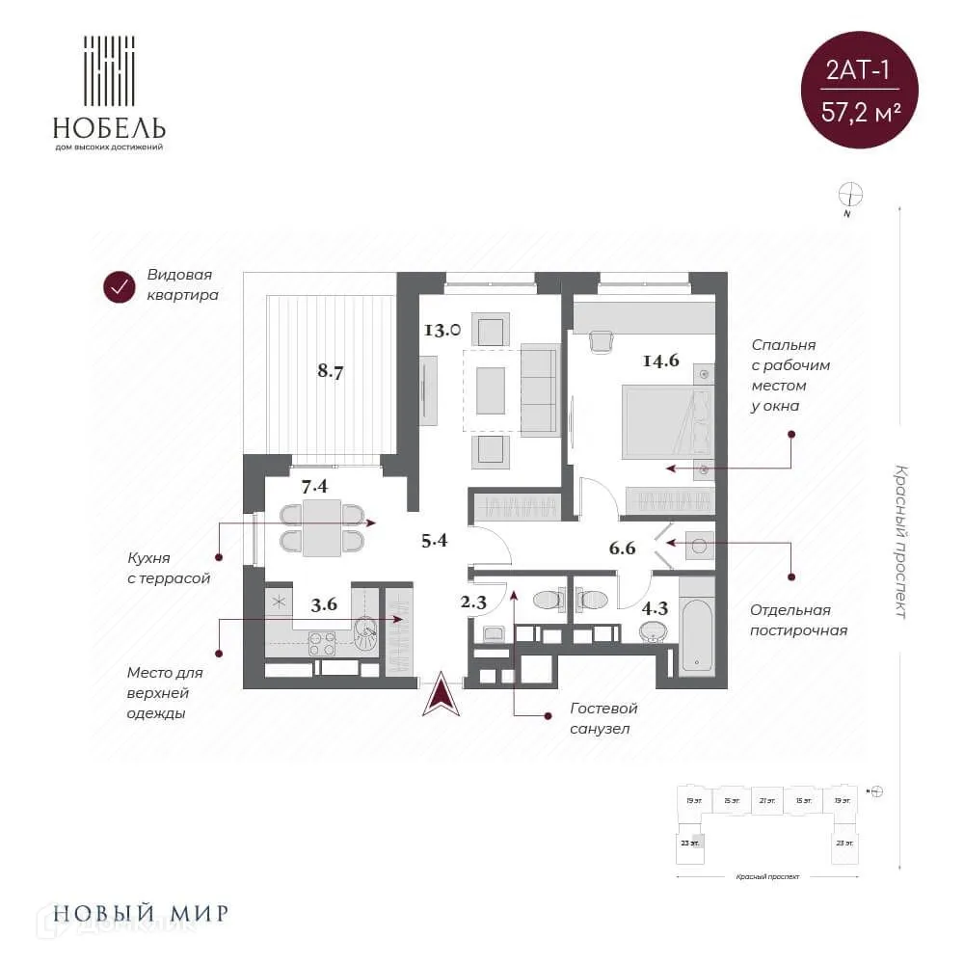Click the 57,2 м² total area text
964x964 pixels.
pos(861,111)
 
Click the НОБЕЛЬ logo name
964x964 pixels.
pos(109,127)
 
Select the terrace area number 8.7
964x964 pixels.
pos(331,369)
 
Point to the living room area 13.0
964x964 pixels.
pos(442,330)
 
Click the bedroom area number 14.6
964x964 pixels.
pos(661,361)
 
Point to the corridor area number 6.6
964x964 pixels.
pos(623,549)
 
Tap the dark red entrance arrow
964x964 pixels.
pos(442,695)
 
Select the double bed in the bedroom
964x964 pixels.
pos(668,421)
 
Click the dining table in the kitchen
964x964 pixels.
pos(321,527)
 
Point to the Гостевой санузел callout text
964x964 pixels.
pos(603,719)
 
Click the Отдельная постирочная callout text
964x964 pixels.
pos(799,620)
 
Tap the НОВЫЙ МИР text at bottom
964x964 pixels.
pos(141,912)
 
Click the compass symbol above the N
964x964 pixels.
pos(850,194)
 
